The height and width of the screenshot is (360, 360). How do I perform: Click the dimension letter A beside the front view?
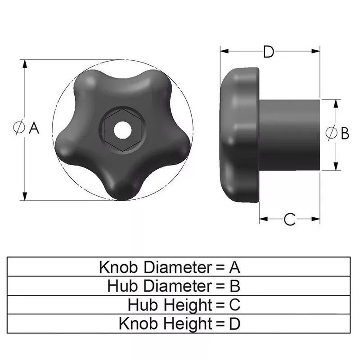click(x=35, y=129)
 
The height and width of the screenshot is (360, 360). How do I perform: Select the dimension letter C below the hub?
click(x=290, y=220)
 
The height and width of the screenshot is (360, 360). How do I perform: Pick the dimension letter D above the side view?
click(x=269, y=52)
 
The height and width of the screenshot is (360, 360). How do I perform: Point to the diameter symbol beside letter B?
click(x=331, y=133)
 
